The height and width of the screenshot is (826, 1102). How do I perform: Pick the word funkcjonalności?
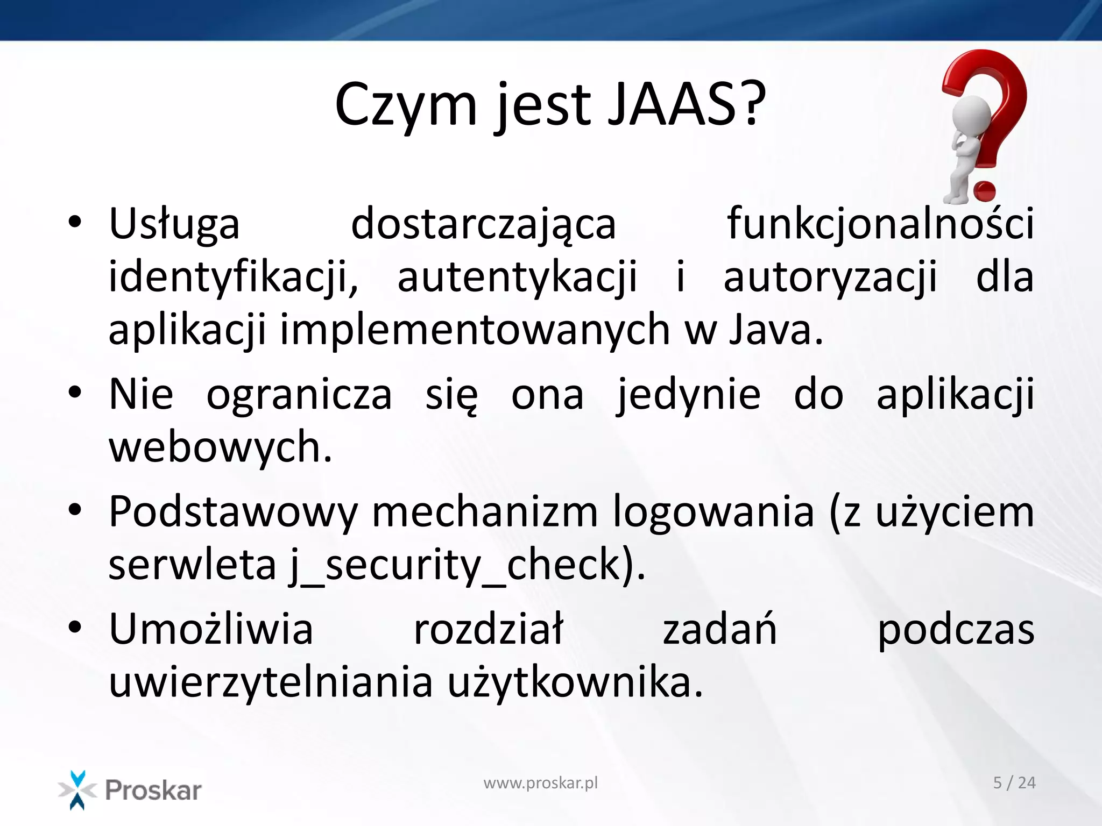click(x=880, y=223)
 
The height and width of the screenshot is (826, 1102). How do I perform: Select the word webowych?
click(x=220, y=446)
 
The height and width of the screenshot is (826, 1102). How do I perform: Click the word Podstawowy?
click(x=233, y=512)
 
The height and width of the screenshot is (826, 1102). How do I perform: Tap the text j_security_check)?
click(x=466, y=565)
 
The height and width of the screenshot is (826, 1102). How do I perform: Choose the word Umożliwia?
click(x=211, y=629)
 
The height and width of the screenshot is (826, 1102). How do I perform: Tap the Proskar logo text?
click(x=153, y=790)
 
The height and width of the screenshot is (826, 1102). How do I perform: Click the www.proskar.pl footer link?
click(x=540, y=783)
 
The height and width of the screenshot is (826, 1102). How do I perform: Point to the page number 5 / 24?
click(x=1014, y=782)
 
